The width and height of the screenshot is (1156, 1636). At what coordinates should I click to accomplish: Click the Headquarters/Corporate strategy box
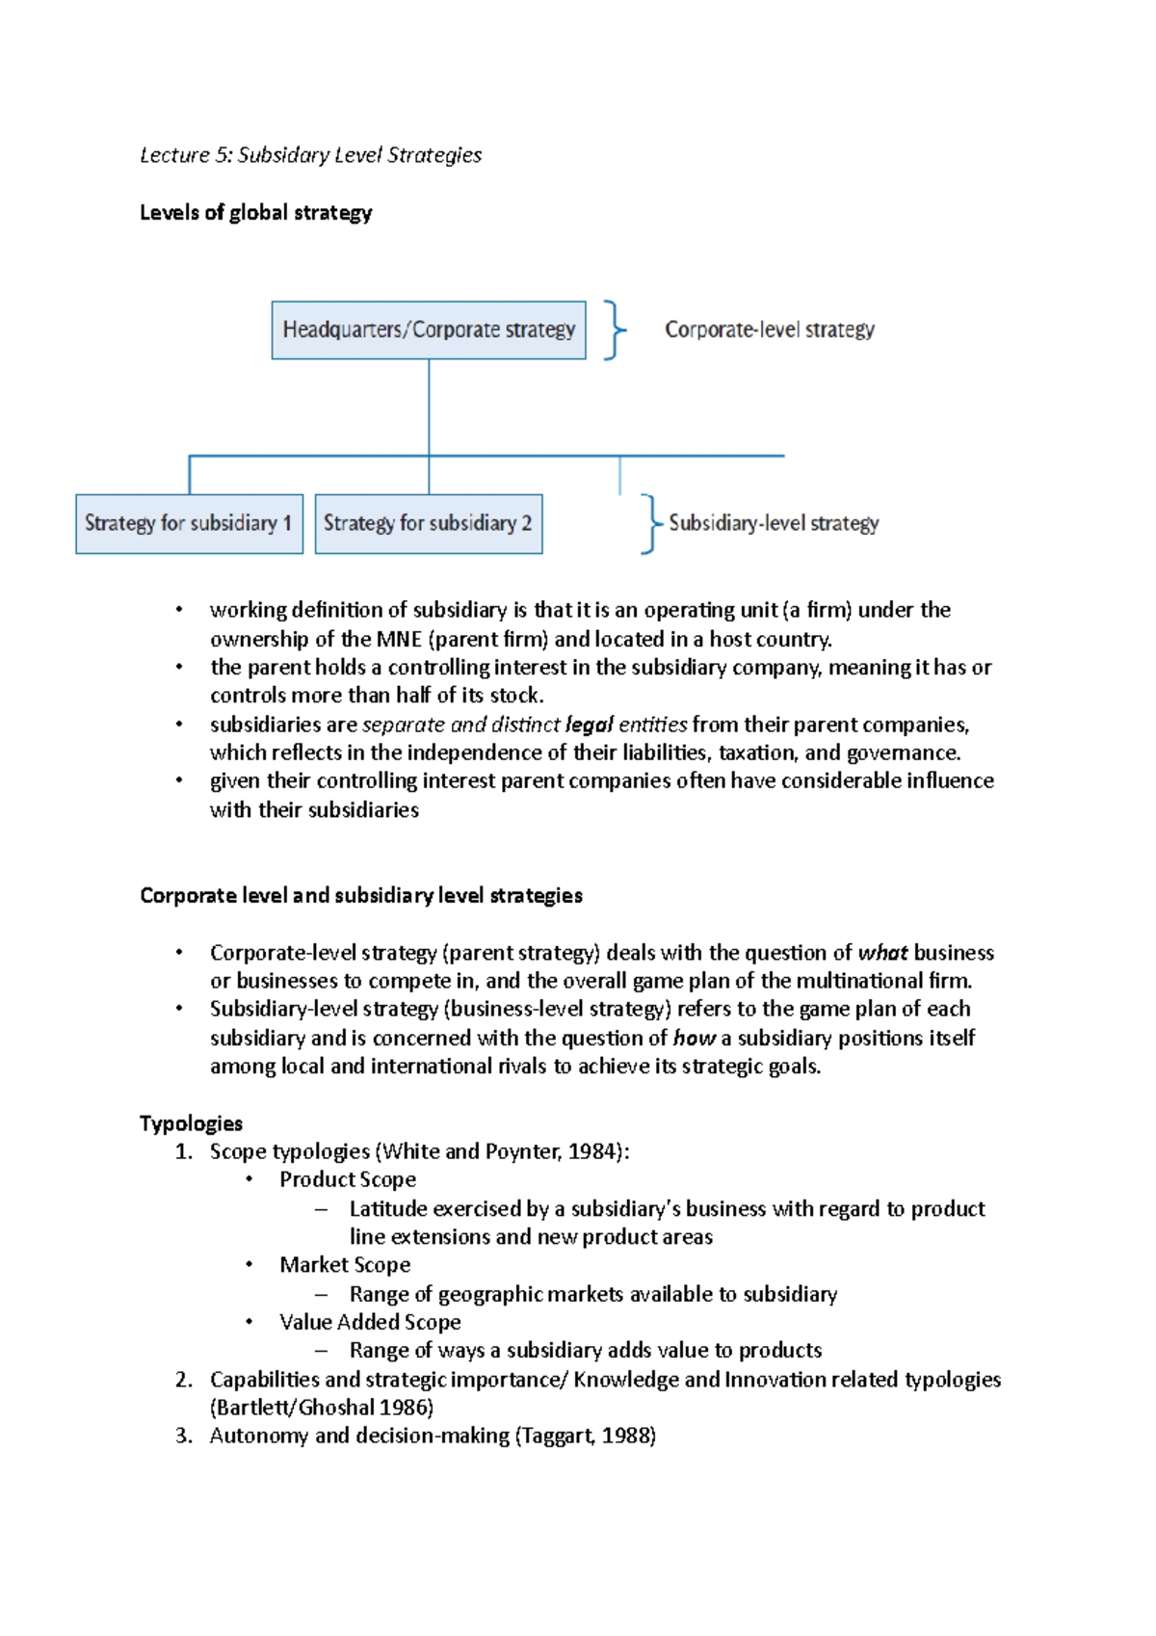tap(429, 330)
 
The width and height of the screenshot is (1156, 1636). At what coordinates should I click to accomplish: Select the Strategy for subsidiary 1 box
tap(189, 524)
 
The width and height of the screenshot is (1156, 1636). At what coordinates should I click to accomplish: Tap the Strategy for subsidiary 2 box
tap(429, 524)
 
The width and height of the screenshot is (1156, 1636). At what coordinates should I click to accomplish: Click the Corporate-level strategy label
tap(770, 330)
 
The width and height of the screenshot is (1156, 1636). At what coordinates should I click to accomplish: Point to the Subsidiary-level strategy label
tap(774, 523)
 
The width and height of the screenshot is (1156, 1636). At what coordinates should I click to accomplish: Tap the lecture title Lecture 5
tap(310, 155)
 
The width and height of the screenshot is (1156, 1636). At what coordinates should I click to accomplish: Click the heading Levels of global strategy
tap(255, 213)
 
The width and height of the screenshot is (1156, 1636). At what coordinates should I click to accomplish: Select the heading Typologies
tap(191, 1123)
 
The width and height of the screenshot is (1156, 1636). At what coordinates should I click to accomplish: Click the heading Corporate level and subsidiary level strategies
tap(360, 896)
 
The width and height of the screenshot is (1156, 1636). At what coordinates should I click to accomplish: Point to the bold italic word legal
tap(590, 725)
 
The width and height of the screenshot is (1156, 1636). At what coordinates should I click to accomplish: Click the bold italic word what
tap(882, 953)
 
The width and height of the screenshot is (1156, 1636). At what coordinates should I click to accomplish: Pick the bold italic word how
tap(694, 1039)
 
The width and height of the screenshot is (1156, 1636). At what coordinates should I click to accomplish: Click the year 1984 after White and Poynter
tap(593, 1152)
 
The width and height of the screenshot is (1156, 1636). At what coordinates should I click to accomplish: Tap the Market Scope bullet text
tap(345, 1265)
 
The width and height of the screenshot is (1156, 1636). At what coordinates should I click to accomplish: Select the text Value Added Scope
tap(370, 1323)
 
